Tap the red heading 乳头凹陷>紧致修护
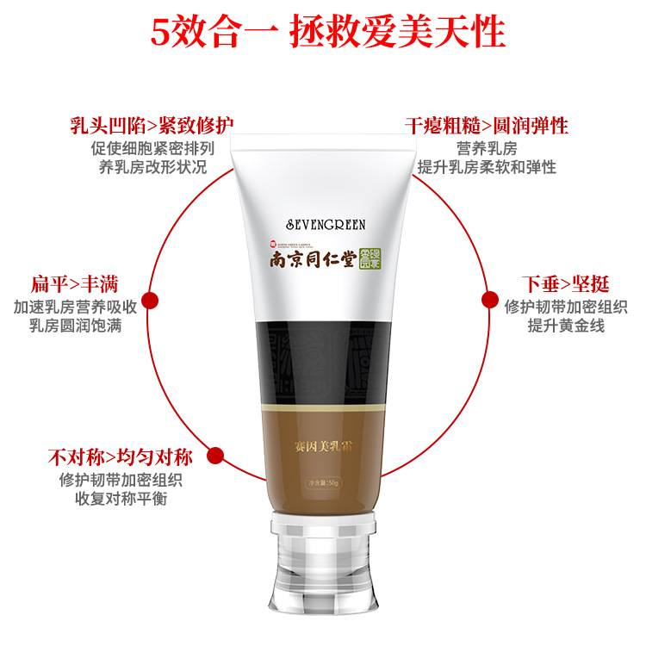click(x=152, y=126)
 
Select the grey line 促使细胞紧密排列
click(x=152, y=147)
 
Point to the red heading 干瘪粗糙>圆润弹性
click(x=487, y=126)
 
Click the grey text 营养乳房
click(x=487, y=147)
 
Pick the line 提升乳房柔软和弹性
click(x=487, y=167)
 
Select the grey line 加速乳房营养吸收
click(x=76, y=307)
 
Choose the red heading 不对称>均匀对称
click(x=120, y=457)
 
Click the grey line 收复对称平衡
click(x=120, y=499)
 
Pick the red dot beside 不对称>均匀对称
click(x=216, y=457)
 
